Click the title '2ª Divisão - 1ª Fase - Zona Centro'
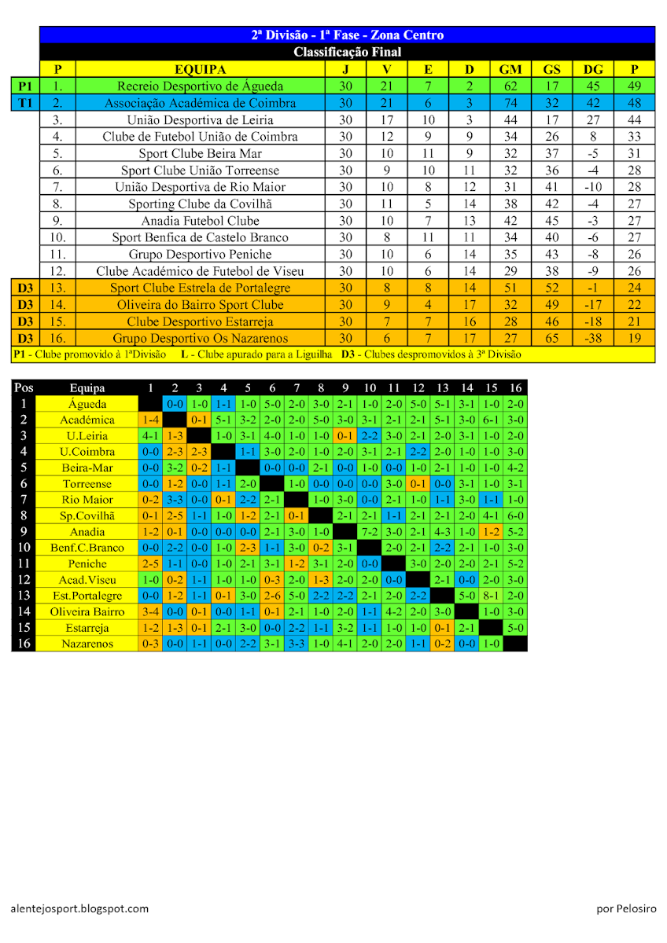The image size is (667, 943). pos(347,35)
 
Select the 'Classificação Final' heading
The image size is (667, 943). pos(347,52)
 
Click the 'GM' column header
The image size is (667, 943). pos(510,69)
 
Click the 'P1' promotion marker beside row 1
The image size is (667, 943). pos(25,86)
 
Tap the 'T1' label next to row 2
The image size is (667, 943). pos(25,103)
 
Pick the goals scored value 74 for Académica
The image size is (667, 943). pos(510,103)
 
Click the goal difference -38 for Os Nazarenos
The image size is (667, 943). pos(593,339)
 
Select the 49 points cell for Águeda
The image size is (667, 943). pos(635,86)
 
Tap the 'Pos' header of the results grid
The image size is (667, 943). pos(24,387)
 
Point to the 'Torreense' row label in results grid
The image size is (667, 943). pos(87,484)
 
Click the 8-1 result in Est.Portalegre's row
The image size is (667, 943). pos(492,596)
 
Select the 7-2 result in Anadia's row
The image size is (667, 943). pos(370,532)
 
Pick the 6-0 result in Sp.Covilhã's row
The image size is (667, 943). pos(516,516)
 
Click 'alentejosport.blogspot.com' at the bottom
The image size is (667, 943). pos(79,908)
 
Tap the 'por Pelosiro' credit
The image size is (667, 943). pos(626,908)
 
